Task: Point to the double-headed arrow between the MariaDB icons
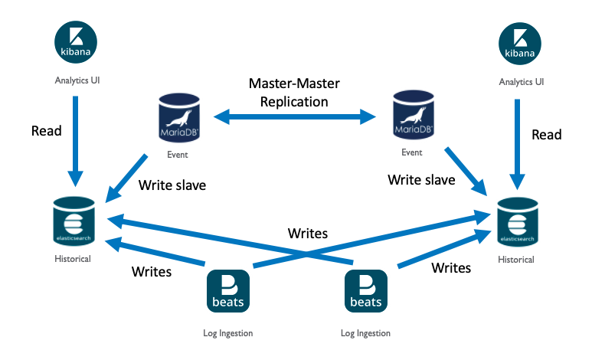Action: point(295,117)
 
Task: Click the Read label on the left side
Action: point(47,131)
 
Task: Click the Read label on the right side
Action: point(547,135)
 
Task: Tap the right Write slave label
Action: point(421,180)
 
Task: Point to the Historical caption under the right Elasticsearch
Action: point(515,260)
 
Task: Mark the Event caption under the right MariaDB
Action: point(411,152)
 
